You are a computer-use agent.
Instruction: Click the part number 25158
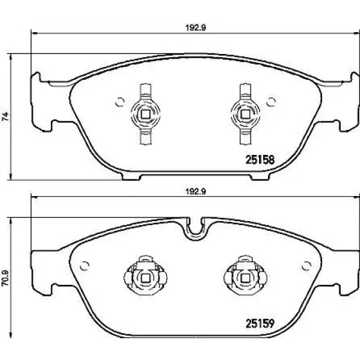pyautogui.click(x=260, y=160)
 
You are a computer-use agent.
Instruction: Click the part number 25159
pyautogui.click(x=260, y=324)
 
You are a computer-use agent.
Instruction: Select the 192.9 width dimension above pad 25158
pyautogui.click(x=195, y=28)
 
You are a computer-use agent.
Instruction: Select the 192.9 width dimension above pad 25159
pyautogui.click(x=195, y=192)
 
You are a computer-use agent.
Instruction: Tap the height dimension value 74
pyautogui.click(x=5, y=116)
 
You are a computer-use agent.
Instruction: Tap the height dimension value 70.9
pyautogui.click(x=5, y=278)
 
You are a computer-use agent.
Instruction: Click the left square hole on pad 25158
pyautogui.click(x=145, y=114)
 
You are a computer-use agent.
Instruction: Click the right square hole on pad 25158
pyautogui.click(x=245, y=114)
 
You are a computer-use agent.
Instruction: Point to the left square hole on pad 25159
pyautogui.click(x=145, y=278)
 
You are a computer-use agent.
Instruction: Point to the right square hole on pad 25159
pyautogui.click(x=245, y=278)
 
